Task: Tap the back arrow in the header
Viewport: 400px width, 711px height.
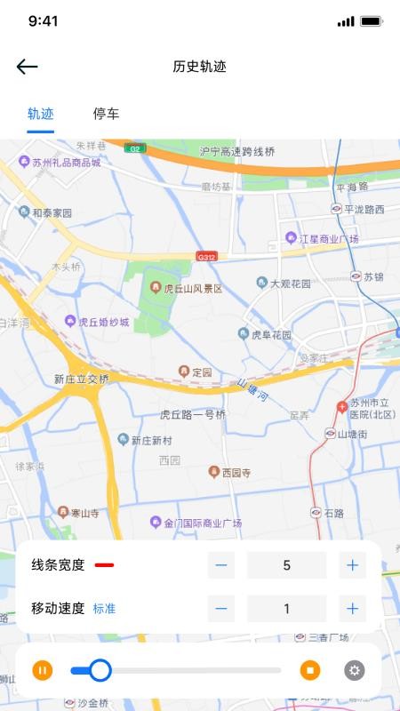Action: [x=28, y=67]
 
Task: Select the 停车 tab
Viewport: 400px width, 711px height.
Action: [x=107, y=114]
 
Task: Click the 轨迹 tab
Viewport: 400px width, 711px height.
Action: [x=41, y=114]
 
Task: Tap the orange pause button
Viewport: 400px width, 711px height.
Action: [x=43, y=670]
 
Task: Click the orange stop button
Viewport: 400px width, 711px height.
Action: [x=309, y=670]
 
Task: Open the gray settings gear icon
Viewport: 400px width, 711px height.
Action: [x=355, y=670]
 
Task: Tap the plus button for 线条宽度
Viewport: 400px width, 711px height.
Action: [x=352, y=564]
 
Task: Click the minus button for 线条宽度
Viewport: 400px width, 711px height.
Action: [x=221, y=564]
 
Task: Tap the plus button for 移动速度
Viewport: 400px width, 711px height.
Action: [x=352, y=609]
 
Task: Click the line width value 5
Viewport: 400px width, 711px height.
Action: [x=286, y=564]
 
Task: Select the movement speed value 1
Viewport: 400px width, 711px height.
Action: [x=286, y=609]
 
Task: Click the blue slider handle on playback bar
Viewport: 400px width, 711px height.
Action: [x=100, y=670]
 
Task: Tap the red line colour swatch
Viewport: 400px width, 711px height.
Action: [x=104, y=564]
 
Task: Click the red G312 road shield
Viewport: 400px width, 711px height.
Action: [x=206, y=257]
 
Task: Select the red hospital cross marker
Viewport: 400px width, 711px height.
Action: [x=342, y=407]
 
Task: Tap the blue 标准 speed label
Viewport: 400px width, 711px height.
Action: [x=105, y=609]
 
